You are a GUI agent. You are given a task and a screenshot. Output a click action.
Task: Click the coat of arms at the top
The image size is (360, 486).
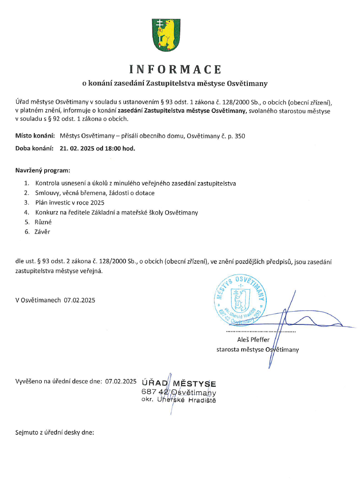click(x=165, y=34)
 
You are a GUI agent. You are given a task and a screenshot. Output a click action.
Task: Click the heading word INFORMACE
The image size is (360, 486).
click(x=175, y=69)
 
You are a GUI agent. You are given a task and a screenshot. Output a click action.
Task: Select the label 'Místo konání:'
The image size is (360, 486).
click(x=35, y=136)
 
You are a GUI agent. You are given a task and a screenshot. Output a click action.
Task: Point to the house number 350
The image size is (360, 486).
click(x=240, y=136)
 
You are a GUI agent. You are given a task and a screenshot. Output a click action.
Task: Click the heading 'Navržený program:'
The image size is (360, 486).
click(x=43, y=170)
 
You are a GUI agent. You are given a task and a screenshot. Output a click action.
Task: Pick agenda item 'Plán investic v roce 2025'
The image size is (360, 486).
click(x=70, y=202)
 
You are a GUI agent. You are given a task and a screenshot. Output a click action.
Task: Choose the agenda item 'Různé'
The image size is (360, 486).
click(x=43, y=222)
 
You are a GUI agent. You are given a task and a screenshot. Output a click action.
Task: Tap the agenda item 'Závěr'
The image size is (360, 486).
click(x=43, y=232)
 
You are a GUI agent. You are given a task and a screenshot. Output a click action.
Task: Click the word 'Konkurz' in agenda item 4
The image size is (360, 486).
click(x=47, y=212)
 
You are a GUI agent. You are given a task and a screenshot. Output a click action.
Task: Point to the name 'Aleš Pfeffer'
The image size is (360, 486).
click(x=253, y=340)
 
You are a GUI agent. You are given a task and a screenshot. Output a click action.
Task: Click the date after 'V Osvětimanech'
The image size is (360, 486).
click(x=79, y=300)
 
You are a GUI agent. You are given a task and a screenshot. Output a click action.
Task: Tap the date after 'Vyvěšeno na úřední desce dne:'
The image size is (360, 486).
click(x=121, y=381)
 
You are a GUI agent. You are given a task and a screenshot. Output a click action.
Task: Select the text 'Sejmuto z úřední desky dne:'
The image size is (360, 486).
click(x=55, y=433)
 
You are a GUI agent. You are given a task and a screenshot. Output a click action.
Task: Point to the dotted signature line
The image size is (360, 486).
click(x=261, y=332)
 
